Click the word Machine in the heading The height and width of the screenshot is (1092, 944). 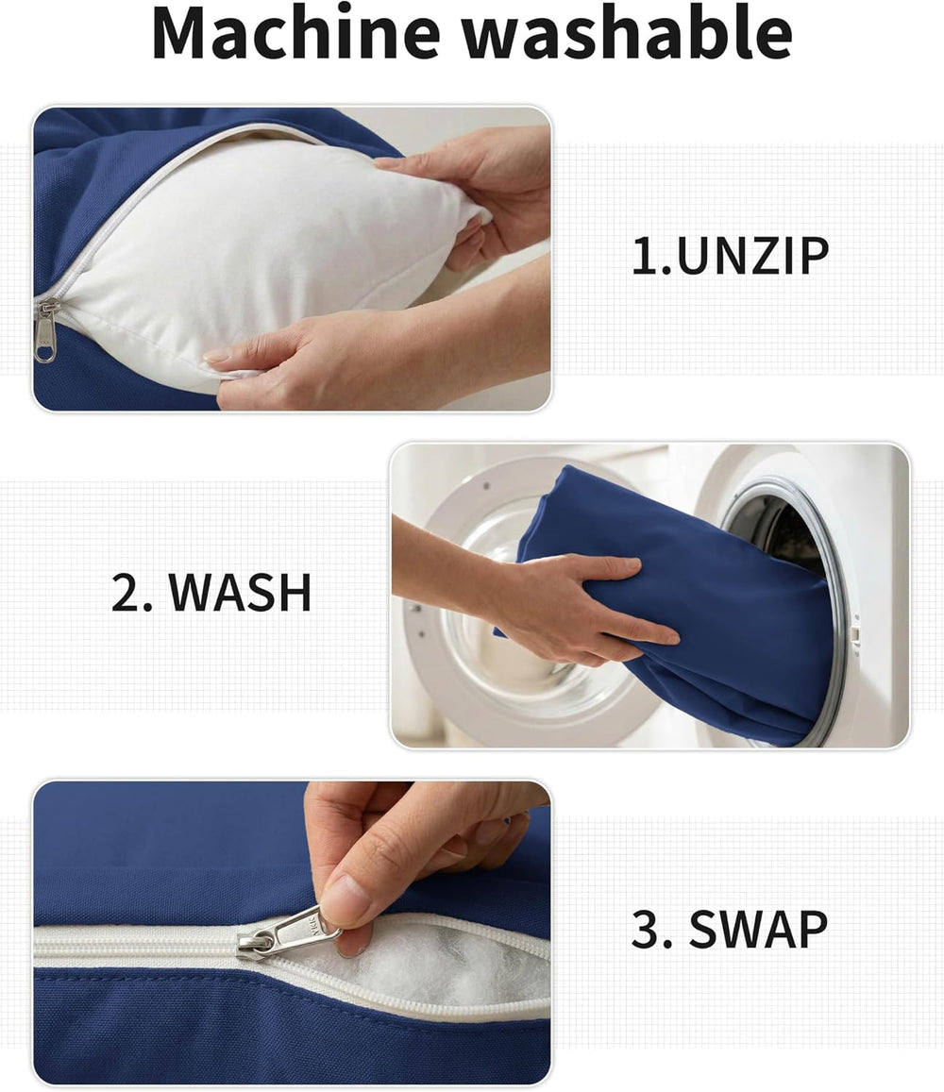click(x=296, y=33)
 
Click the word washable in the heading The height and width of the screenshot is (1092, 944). click(x=628, y=33)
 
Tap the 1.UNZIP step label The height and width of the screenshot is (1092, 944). click(x=730, y=256)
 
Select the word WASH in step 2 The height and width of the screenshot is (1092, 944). click(x=241, y=593)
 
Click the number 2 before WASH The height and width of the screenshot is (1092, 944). click(x=126, y=593)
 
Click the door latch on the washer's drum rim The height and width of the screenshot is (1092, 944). click(x=855, y=633)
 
